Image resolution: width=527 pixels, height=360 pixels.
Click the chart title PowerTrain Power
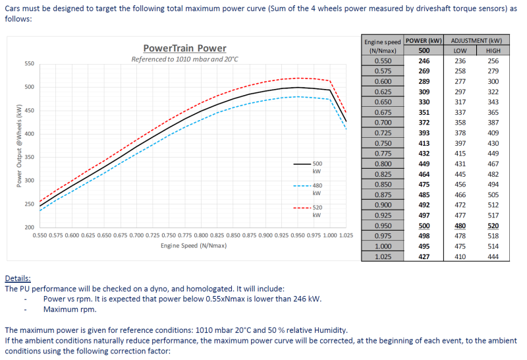tap(184, 48)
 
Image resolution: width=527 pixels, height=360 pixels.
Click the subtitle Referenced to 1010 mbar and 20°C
tap(184, 59)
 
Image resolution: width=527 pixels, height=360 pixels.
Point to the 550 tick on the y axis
tap(29, 64)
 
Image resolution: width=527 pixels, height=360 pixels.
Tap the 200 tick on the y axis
tap(29, 227)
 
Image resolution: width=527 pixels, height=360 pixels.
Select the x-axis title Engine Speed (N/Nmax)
tap(194, 246)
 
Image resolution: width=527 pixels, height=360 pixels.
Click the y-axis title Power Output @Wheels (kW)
tap(20, 145)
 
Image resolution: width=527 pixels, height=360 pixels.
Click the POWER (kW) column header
tap(424, 40)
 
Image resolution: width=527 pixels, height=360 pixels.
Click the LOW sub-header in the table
tap(460, 51)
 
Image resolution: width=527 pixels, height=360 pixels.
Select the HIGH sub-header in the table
tap(493, 51)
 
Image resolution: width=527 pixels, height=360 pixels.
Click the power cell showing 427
tap(424, 256)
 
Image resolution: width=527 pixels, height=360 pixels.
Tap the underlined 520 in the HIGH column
tap(493, 225)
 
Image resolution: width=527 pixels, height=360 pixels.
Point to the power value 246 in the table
tap(424, 61)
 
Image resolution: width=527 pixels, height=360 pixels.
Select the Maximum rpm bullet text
tap(69, 309)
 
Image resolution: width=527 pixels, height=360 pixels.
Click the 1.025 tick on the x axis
tap(347, 235)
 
